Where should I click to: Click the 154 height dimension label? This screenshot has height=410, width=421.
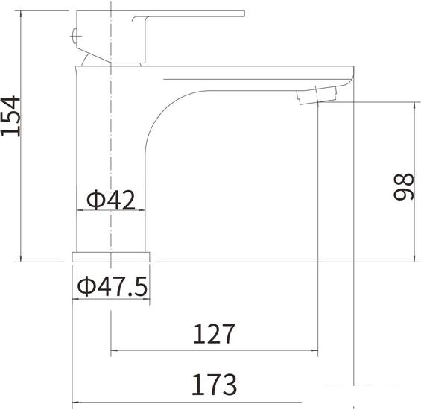pyautogui.click(x=10, y=116)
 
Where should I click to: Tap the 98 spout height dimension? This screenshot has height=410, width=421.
pyautogui.click(x=403, y=186)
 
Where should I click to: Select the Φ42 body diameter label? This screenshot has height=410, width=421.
pyautogui.click(x=111, y=200)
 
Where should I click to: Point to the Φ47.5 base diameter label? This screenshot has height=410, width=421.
pyautogui.click(x=113, y=286)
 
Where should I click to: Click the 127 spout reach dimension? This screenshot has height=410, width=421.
pyautogui.click(x=214, y=334)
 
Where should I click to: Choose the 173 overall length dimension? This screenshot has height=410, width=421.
pyautogui.click(x=215, y=385)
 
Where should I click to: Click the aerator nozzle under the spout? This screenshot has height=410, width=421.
pyautogui.click(x=317, y=95)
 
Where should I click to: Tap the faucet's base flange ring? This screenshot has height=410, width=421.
pyautogui.click(x=111, y=256)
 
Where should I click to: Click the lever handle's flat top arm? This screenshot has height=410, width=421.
pyautogui.click(x=189, y=13)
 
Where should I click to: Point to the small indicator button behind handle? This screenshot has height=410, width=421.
pyautogui.click(x=74, y=36)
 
